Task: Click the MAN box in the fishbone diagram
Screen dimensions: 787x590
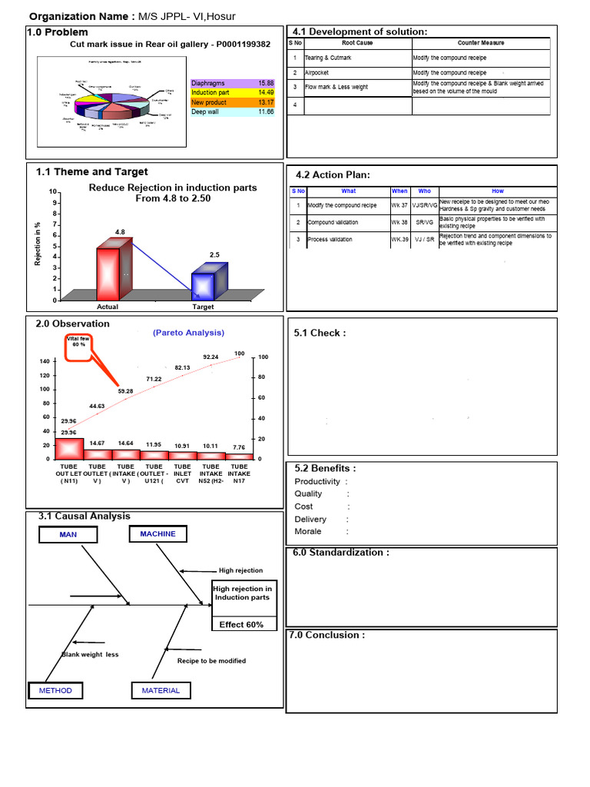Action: pos(68,534)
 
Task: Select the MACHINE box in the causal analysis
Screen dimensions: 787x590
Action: pos(157,533)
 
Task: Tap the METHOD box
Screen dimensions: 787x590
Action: pos(55,690)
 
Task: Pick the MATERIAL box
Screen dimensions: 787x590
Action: pos(161,690)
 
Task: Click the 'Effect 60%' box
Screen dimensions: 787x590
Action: pos(241,624)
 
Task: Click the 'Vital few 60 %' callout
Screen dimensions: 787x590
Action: pos(77,342)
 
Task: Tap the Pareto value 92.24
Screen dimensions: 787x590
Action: pos(210,357)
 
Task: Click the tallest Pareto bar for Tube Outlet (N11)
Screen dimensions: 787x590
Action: pos(69,448)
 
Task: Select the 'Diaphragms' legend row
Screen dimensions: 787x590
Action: pos(233,82)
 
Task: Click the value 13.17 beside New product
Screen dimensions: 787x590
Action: pos(266,102)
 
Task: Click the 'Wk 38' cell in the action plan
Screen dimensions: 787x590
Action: pos(399,222)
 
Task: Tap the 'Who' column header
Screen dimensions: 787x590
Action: pos(425,191)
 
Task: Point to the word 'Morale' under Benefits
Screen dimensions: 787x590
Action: pos(308,531)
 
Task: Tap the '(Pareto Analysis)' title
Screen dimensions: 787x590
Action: pos(188,333)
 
